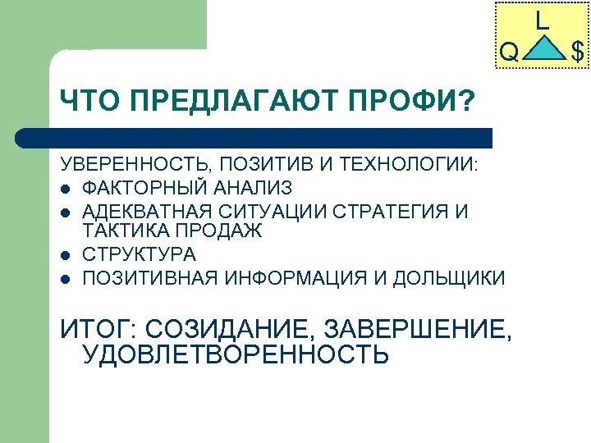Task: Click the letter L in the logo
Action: pos(542,20)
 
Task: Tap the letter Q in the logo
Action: pos(509,53)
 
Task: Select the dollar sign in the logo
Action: pos(578,53)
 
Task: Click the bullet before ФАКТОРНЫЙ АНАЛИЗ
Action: pos(65,189)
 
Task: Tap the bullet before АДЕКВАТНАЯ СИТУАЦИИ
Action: pos(65,212)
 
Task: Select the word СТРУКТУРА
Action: pos(140,254)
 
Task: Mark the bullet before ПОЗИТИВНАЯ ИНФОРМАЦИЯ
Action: pos(65,278)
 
